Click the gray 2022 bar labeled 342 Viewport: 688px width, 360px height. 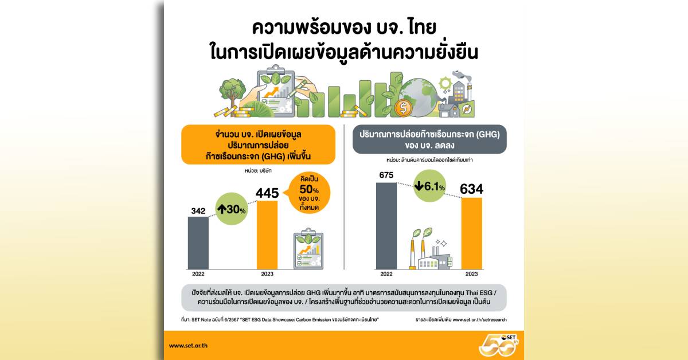tap(198, 242)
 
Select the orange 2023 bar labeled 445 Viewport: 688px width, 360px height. tap(267, 235)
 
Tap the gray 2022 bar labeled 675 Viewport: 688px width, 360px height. tap(386, 225)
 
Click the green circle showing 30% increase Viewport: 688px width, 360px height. tap(232, 210)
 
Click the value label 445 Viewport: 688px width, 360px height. tap(267, 192)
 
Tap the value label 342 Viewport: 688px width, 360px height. tap(198, 211)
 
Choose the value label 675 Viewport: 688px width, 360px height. tap(386, 175)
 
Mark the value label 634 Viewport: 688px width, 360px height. tap(471, 189)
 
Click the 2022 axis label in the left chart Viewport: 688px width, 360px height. tap(198, 274)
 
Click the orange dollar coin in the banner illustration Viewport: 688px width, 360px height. tap(404, 108)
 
